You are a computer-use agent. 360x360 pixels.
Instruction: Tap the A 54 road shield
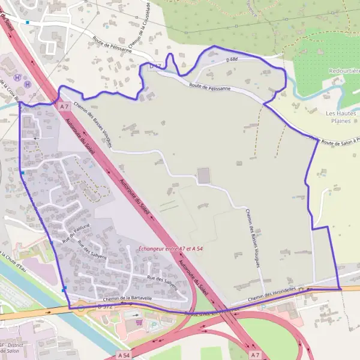(124, 355)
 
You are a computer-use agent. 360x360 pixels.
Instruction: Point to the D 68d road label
(233, 59)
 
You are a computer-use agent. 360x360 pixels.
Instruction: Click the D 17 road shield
(156, 65)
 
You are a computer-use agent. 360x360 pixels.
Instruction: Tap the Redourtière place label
(344, 71)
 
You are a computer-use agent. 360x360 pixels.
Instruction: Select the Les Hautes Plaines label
(341, 116)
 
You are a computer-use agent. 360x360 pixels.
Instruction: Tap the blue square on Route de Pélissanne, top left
(27, 23)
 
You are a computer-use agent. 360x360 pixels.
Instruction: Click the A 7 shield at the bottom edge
(256, 355)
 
